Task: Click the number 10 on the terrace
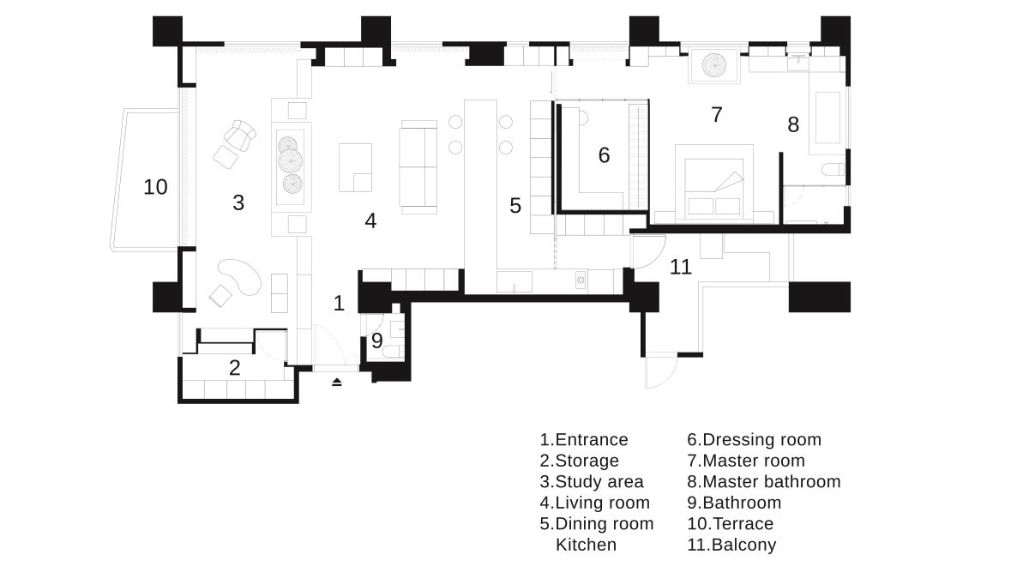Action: (x=155, y=187)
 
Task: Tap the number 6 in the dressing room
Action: (x=604, y=155)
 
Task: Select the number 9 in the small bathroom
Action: (x=376, y=341)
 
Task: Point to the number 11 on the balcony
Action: (x=680, y=267)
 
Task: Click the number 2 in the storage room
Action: (x=234, y=368)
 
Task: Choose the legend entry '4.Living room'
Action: (x=595, y=503)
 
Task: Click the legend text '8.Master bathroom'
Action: (x=764, y=481)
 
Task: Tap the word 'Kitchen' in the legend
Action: (x=587, y=545)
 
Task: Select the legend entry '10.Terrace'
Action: (x=731, y=524)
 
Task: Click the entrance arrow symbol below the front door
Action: (x=337, y=382)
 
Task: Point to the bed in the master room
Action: (x=713, y=182)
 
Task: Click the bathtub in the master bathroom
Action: (x=827, y=118)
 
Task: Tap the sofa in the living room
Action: (x=418, y=167)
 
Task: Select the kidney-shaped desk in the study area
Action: (x=240, y=276)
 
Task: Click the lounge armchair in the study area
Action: (x=239, y=136)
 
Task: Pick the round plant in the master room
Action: (x=714, y=65)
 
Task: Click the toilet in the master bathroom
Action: (x=833, y=170)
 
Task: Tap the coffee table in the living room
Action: (x=355, y=168)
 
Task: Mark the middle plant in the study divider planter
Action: (x=291, y=161)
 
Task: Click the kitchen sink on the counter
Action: (x=514, y=281)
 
